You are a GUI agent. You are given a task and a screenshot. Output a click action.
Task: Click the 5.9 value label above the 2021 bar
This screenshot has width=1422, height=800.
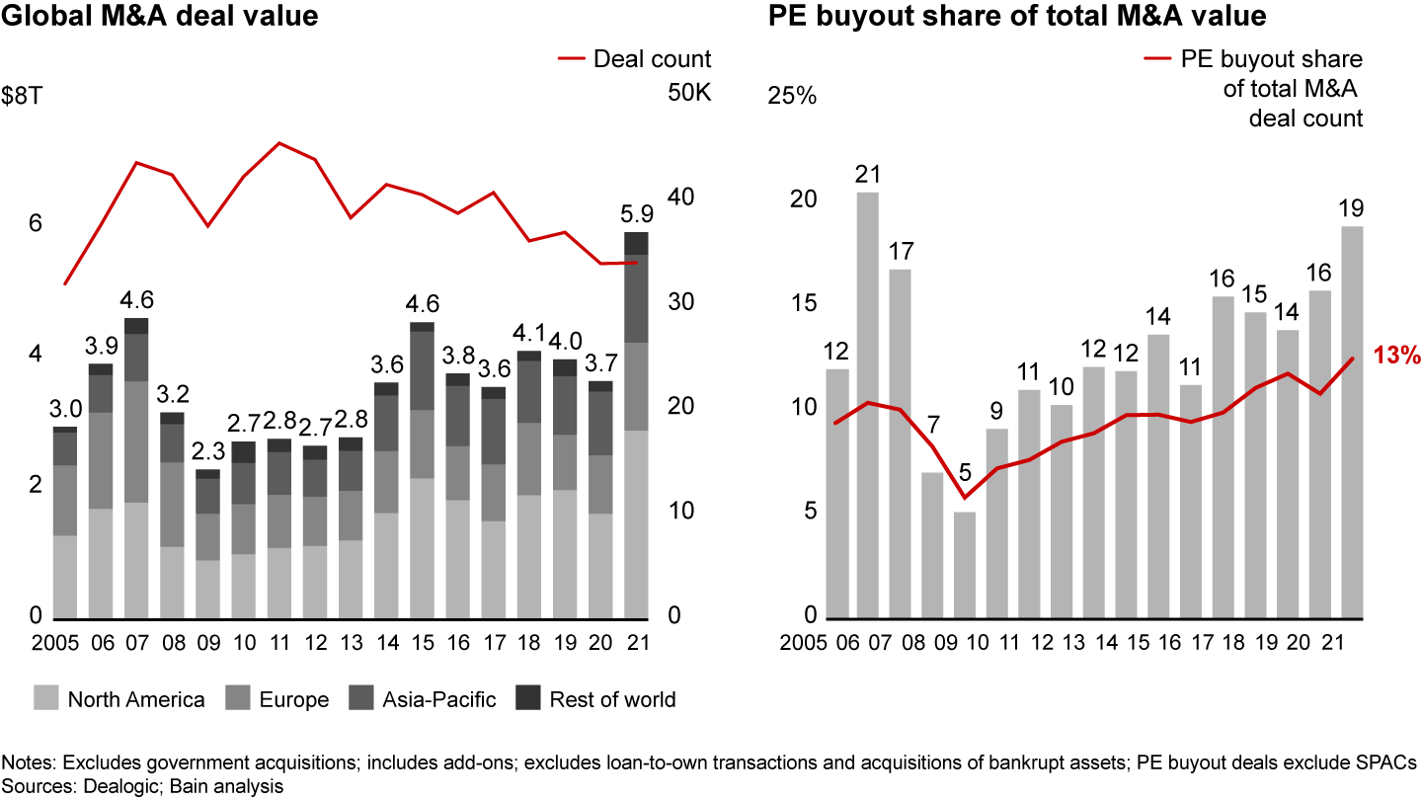(x=636, y=214)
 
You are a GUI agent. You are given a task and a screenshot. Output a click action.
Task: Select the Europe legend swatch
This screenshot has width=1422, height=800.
(x=237, y=697)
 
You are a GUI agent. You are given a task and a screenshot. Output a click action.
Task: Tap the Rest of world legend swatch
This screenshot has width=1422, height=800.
(x=527, y=697)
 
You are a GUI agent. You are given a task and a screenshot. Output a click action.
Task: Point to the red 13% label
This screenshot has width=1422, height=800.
(x=1396, y=356)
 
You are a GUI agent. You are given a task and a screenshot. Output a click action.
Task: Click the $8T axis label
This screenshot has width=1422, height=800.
(x=22, y=96)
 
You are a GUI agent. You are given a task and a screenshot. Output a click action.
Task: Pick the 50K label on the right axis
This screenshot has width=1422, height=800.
(x=689, y=93)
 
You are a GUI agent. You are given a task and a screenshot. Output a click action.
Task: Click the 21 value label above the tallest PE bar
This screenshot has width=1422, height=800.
(x=867, y=174)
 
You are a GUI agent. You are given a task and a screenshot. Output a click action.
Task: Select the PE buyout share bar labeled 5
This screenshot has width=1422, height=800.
(x=964, y=565)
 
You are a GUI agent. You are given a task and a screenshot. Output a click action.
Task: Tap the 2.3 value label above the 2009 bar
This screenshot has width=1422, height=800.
(x=208, y=451)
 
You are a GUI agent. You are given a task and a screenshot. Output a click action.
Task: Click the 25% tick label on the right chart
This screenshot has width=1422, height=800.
(x=792, y=96)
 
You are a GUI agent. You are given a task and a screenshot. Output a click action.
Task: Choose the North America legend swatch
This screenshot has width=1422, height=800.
(x=45, y=697)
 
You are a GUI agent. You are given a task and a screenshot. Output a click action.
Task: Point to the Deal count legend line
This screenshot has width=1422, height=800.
(x=572, y=59)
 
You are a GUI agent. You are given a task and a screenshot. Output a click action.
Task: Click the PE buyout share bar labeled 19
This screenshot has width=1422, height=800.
(x=1352, y=423)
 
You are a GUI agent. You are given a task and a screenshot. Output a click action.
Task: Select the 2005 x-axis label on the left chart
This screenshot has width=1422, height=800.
(x=55, y=643)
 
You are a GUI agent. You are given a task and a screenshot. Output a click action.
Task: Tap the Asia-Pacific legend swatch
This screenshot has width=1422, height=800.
(x=361, y=697)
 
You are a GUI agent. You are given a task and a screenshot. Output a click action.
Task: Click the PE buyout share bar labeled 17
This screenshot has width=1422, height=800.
(x=900, y=443)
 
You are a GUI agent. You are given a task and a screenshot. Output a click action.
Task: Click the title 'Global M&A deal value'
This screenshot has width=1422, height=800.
(x=159, y=16)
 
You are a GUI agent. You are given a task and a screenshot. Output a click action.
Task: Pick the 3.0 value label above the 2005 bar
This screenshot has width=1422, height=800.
(x=65, y=409)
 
